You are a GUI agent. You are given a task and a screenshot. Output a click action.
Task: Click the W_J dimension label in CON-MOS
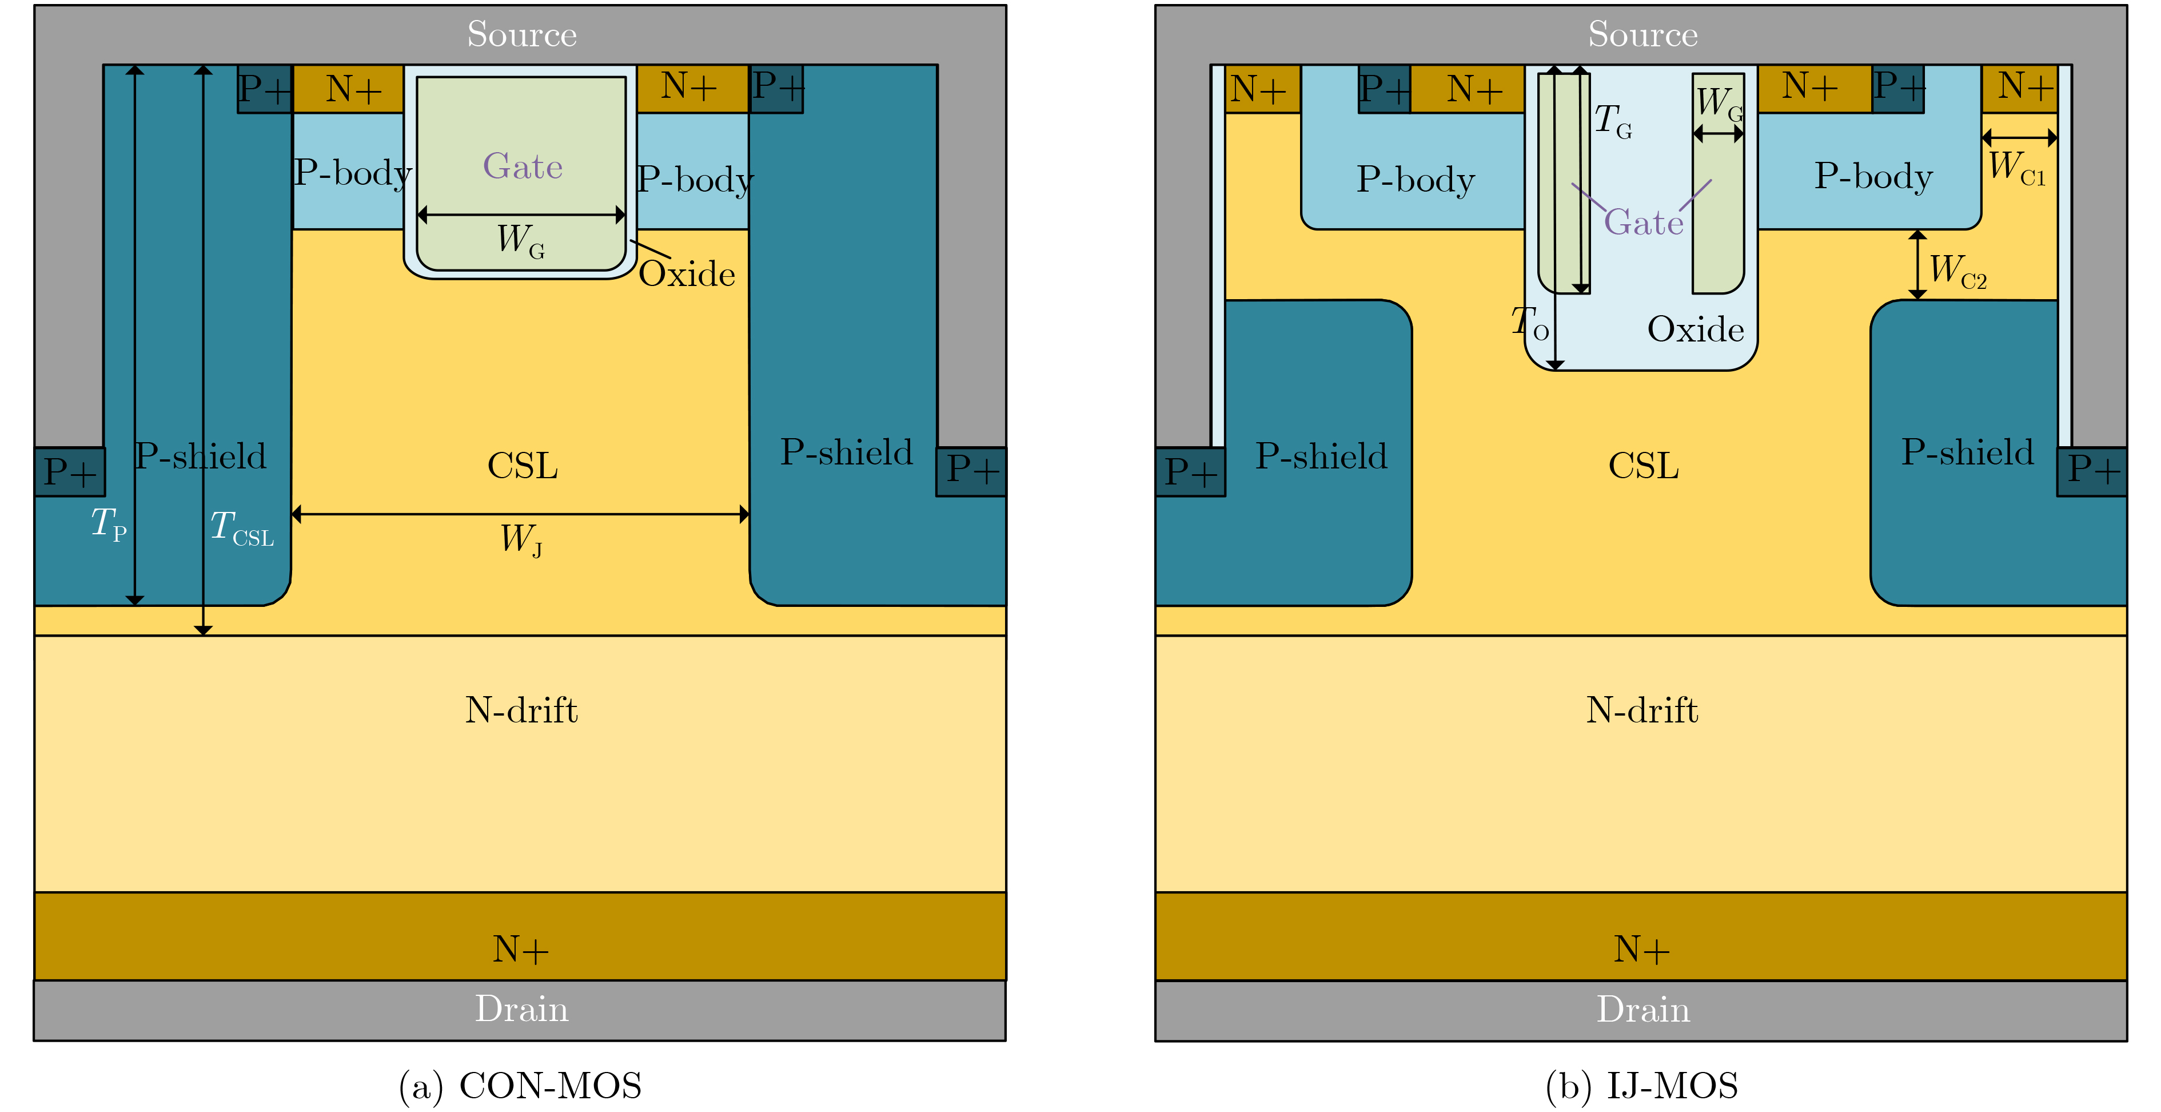521,539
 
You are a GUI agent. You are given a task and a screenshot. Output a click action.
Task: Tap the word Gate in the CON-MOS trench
522,166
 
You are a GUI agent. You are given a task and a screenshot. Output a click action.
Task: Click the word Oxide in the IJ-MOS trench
1696,329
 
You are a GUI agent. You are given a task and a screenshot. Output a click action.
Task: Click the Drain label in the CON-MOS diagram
521,1009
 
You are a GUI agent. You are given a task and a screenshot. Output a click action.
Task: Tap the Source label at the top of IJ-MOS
1642,34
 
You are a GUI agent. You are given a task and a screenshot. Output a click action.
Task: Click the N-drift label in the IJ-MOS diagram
1642,710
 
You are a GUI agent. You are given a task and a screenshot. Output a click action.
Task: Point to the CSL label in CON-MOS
522,466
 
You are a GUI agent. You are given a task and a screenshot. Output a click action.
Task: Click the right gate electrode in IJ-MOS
1718,210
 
